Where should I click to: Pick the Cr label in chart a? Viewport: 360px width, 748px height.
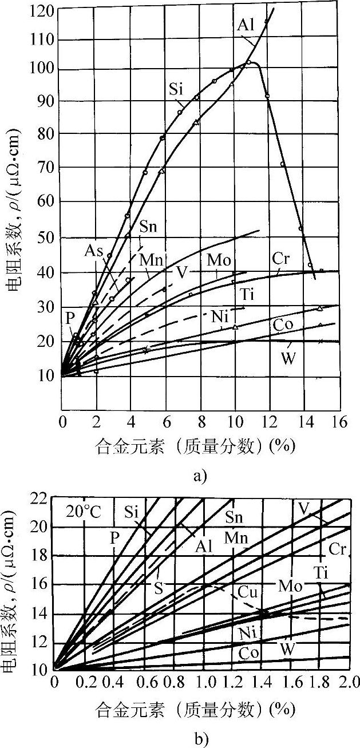pyautogui.click(x=282, y=257)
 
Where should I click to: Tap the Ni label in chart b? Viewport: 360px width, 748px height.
pyautogui.click(x=242, y=632)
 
